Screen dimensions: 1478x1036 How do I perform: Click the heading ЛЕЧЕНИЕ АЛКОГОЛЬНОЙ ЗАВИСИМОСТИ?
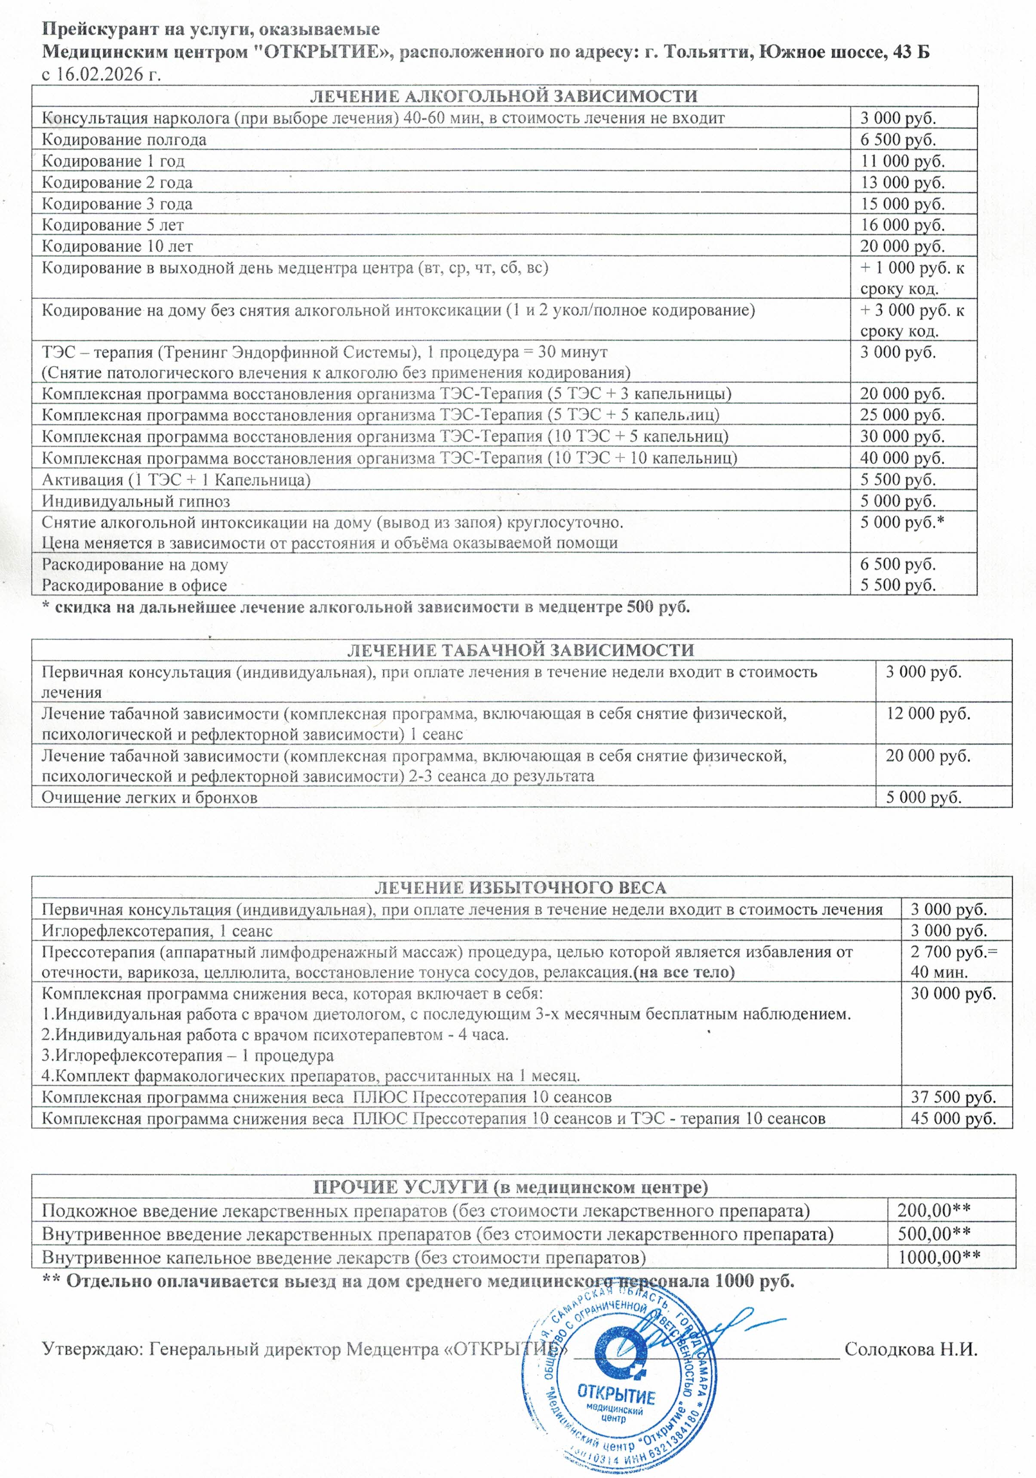(x=504, y=96)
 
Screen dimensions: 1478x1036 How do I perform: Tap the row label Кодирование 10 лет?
(x=117, y=246)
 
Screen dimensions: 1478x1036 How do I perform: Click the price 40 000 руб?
(x=902, y=459)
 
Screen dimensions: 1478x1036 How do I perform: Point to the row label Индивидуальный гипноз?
(x=136, y=501)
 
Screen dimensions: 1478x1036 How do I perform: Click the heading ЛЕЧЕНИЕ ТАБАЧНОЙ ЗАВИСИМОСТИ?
(x=520, y=650)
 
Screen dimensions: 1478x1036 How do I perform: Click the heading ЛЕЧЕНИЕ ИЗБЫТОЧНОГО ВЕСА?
(x=520, y=888)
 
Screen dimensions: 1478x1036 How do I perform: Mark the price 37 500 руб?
(x=953, y=1097)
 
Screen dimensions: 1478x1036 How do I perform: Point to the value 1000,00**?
(x=939, y=1257)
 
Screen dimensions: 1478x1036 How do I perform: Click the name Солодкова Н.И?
(x=910, y=1349)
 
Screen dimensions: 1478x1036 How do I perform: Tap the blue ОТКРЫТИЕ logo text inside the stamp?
(x=616, y=1395)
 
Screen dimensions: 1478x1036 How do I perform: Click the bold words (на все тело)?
(x=684, y=973)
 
